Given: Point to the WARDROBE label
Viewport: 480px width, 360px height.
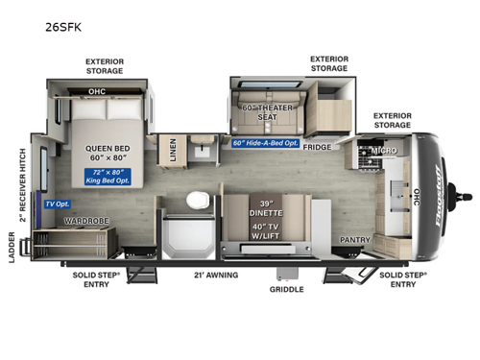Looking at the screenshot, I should coord(85,220).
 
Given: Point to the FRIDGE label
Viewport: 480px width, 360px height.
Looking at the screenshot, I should coord(319,147).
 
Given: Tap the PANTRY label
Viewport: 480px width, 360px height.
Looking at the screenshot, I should coord(354,239).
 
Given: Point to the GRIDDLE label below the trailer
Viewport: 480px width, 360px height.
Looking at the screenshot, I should coord(287,289).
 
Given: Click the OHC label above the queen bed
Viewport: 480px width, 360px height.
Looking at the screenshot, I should coord(97,93).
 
